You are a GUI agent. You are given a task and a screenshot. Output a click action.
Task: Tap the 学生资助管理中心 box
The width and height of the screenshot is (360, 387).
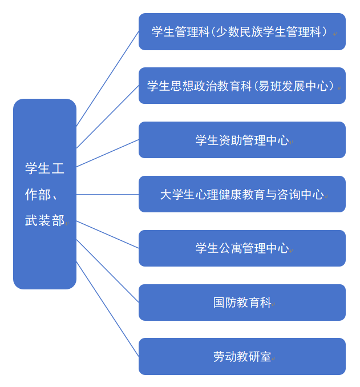pyautogui.click(x=242, y=140)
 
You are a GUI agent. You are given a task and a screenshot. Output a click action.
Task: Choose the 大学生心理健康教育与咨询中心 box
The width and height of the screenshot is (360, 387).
pyautogui.click(x=242, y=194)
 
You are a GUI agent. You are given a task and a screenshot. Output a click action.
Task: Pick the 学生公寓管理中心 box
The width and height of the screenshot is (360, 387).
pyautogui.click(x=242, y=248)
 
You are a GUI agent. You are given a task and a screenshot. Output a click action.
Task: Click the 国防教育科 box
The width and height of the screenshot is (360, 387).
pyautogui.click(x=242, y=303)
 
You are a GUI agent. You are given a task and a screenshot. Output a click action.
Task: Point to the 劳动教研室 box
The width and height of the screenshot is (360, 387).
pyautogui.click(x=242, y=357)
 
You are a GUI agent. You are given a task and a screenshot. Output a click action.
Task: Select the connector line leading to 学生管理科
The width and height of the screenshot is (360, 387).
pyautogui.click(x=107, y=79)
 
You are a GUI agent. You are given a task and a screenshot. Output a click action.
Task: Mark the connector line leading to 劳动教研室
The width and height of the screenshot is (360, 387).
pyautogui.click(x=107, y=309)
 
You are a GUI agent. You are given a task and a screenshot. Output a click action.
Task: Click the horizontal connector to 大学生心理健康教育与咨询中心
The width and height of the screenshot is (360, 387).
pyautogui.click(x=107, y=194)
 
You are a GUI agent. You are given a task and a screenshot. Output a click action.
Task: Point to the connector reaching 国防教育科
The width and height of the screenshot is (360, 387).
pyautogui.click(x=107, y=271)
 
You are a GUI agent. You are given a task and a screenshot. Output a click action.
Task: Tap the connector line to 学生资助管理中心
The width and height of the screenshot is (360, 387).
pyautogui.click(x=107, y=153)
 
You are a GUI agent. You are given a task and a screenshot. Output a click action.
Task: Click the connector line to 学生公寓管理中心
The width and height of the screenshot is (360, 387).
pyautogui.click(x=107, y=235)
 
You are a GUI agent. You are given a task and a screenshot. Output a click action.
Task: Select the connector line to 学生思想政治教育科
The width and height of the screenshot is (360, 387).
pyautogui.click(x=107, y=117)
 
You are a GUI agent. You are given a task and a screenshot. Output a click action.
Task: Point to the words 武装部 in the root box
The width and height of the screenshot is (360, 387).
pyautogui.click(x=45, y=221)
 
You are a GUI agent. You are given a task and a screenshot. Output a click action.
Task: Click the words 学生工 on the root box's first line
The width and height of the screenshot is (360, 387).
pyautogui.click(x=45, y=168)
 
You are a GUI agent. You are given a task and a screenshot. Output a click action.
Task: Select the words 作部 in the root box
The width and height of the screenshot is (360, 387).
pyautogui.click(x=38, y=195)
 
